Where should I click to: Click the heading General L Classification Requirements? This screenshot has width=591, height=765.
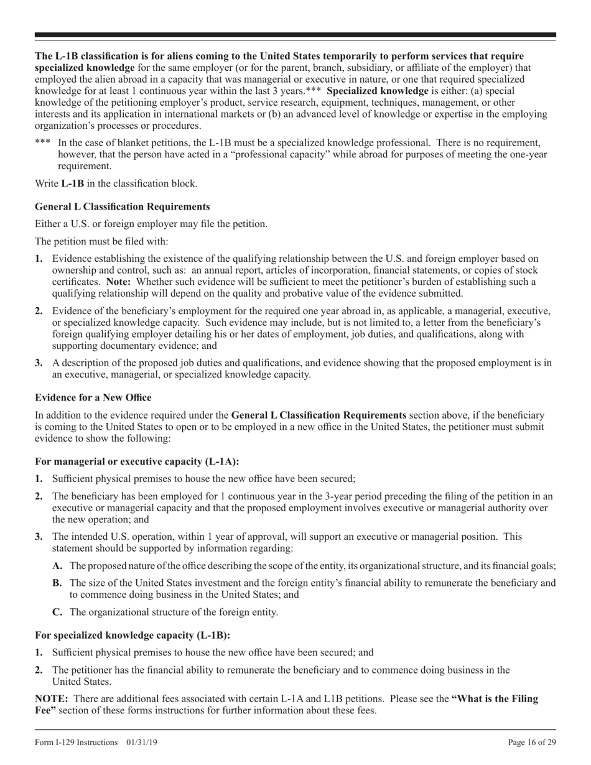pos(122,206)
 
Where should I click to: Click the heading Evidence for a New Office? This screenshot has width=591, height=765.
pos(93,397)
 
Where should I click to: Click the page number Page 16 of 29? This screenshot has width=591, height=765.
pos(532,742)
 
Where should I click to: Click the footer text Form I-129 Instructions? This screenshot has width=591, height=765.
pos(77,742)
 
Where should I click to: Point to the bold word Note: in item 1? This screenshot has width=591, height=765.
pos(118,282)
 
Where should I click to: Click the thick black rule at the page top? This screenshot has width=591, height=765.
pos(295,35)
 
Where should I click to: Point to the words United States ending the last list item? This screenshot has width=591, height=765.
pos(81,681)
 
